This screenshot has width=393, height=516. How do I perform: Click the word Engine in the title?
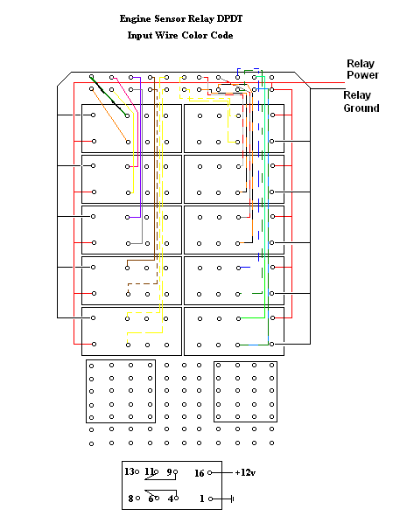pos(137,17)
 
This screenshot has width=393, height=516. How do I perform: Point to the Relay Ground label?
pos(361,101)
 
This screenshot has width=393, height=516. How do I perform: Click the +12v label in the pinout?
pos(245,472)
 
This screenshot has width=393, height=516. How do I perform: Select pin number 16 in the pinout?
pos(199,472)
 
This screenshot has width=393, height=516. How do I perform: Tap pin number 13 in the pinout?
pos(130,471)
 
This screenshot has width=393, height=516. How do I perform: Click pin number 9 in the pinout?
pos(169,471)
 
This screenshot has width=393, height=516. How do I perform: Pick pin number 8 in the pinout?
pos(130,499)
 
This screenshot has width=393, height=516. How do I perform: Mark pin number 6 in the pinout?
pos(150,499)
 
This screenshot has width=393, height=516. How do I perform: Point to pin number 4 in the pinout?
pos(171,499)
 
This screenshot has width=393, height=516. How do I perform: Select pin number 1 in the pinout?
pos(200,499)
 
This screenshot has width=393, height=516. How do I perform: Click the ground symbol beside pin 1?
pos(232,499)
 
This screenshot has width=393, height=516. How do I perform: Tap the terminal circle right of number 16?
pos(210,472)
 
